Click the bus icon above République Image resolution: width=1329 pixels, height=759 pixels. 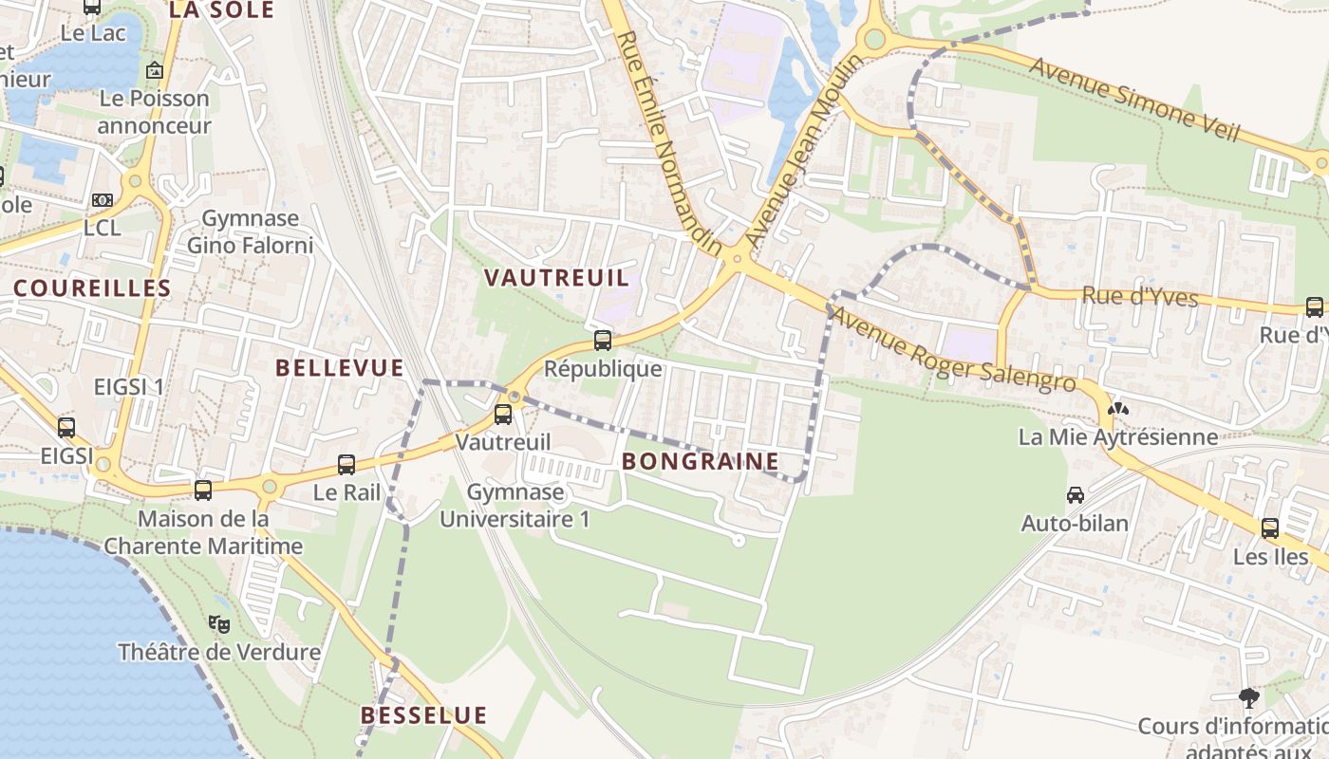[603, 341]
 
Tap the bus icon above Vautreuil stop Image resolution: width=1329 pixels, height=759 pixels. [503, 415]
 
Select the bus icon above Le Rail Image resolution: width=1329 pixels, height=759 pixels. [346, 465]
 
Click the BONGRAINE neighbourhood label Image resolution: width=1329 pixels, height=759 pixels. [701, 462]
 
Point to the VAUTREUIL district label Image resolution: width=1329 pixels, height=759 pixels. [556, 278]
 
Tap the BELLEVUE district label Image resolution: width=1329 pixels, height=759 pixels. [340, 368]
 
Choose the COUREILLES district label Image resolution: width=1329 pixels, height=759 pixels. [92, 288]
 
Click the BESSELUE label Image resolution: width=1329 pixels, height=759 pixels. [424, 715]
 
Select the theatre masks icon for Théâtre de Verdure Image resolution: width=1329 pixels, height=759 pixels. [219, 624]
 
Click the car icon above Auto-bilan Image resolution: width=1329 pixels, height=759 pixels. [1075, 495]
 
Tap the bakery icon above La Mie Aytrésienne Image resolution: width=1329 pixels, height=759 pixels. [1118, 409]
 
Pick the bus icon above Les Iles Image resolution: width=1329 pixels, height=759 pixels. [1270, 528]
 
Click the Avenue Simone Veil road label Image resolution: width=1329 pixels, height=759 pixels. [1134, 100]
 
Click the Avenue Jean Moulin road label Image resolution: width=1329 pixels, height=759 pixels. [804, 152]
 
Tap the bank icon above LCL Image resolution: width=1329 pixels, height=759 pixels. [102, 200]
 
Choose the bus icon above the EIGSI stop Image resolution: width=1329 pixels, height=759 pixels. [66, 428]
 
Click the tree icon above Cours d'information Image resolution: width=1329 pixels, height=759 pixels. [1249, 699]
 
